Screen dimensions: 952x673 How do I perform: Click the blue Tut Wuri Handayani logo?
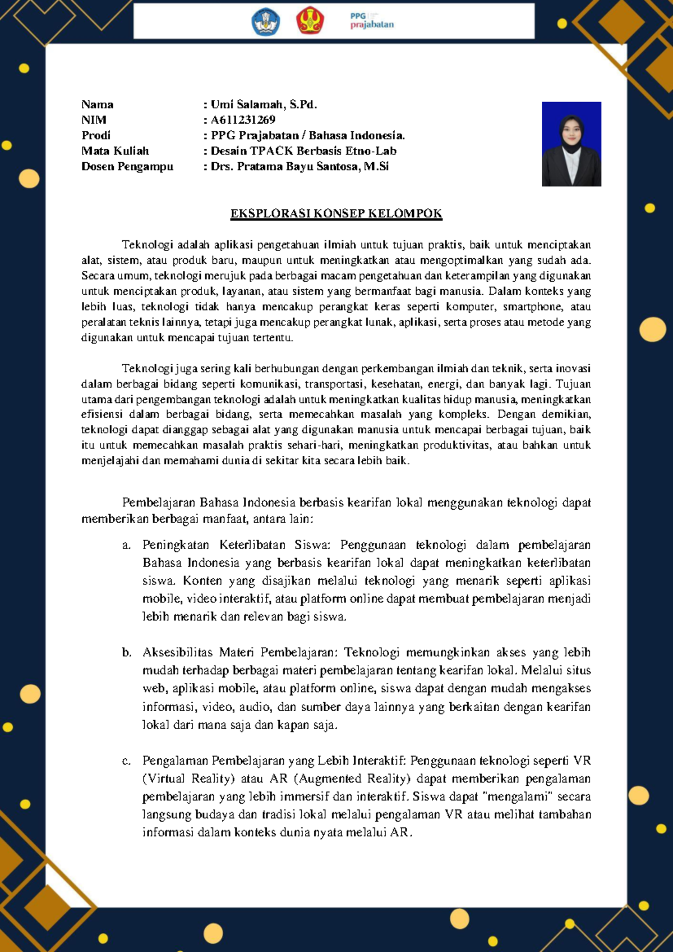click(x=266, y=22)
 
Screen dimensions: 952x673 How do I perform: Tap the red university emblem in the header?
click(x=310, y=21)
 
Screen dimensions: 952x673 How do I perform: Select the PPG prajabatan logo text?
click(x=372, y=21)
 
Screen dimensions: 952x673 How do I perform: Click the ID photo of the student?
click(x=571, y=144)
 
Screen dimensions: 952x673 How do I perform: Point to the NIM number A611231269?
click(x=243, y=120)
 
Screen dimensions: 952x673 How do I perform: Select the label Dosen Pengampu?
click(x=127, y=166)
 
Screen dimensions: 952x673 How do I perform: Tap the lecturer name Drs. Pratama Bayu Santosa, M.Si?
click(x=299, y=166)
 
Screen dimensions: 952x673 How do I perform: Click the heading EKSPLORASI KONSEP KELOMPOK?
click(x=336, y=213)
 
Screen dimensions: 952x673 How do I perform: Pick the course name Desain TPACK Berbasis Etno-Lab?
click(x=303, y=150)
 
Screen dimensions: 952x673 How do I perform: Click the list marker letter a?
click(x=126, y=545)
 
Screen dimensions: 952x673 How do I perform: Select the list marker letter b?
click(x=126, y=652)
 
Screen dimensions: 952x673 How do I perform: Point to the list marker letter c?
click(x=126, y=761)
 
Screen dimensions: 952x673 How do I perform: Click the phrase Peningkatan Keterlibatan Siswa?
click(x=236, y=544)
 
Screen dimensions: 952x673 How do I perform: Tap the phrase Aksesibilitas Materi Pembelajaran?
click(x=240, y=652)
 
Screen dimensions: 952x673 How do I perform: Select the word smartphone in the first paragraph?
click(x=532, y=306)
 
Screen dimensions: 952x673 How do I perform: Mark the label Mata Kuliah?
click(x=115, y=150)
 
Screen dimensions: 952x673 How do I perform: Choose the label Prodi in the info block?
click(x=96, y=135)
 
